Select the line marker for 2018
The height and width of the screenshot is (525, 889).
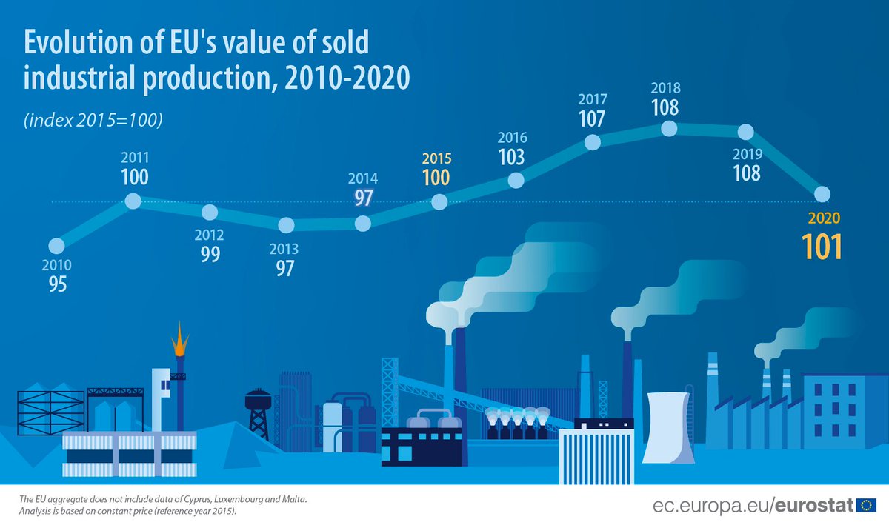point(668,128)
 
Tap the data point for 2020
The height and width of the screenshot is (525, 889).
point(822,194)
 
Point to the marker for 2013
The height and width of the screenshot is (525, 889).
point(285,225)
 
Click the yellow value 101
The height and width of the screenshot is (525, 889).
point(822,247)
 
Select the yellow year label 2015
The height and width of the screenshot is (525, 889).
point(436,159)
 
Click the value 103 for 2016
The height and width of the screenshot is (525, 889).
point(512,157)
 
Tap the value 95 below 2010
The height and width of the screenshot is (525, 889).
point(57,284)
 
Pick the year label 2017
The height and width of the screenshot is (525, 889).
point(592,99)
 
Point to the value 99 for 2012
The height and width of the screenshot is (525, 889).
point(210,254)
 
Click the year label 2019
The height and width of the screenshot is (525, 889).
point(747,155)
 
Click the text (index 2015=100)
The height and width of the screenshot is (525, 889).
point(93,120)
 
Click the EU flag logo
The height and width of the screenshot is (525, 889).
point(866,506)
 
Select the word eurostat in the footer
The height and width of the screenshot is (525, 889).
point(816,506)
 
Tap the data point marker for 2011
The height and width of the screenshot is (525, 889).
point(133,201)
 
